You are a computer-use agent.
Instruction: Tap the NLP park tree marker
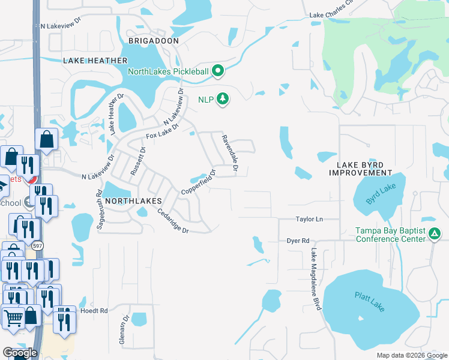(223, 98)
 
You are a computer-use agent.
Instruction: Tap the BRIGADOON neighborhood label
(153, 40)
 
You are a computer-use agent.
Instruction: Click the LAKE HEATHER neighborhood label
(95, 61)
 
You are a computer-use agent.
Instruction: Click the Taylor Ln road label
(309, 220)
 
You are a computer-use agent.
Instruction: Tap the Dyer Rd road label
(297, 240)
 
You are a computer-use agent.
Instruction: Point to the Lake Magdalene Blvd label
(316, 280)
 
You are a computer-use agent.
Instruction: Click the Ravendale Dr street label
(229, 155)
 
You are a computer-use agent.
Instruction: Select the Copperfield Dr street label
(199, 185)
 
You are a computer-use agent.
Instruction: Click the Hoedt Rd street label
(95, 311)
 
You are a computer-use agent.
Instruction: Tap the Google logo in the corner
(19, 353)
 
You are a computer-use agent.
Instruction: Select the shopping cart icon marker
(13, 317)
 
